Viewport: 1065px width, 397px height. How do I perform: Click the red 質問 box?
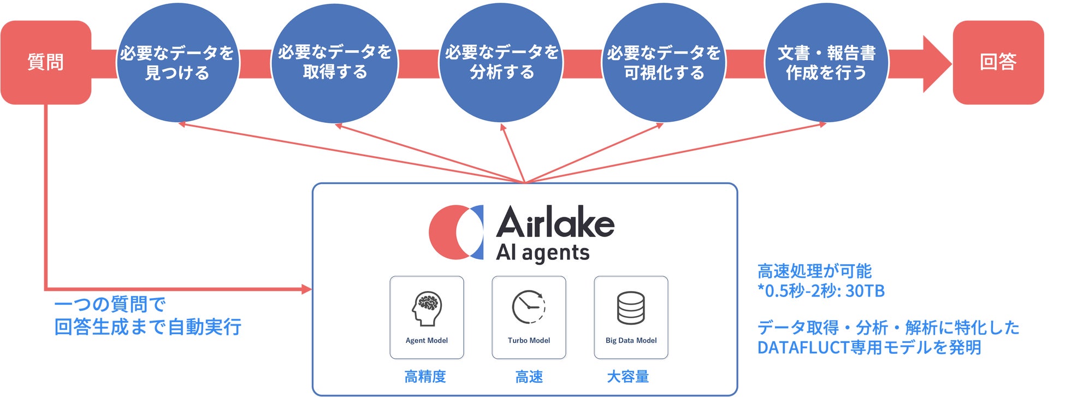pos(46,62)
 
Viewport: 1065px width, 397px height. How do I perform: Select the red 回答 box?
pos(998,62)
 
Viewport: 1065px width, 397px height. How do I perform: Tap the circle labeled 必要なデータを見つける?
pos(177,63)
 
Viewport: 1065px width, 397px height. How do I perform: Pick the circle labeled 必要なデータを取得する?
pos(335,63)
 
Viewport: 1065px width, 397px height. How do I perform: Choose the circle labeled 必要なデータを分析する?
pos(501,63)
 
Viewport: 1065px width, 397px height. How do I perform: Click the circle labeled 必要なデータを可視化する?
pos(664,63)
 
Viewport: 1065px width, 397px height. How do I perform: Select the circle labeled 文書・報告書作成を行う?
pos(826,63)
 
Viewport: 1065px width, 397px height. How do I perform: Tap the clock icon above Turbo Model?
pos(529,307)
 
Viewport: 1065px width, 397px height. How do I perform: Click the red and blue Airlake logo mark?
pos(456,232)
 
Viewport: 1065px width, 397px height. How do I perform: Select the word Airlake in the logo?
pos(555,223)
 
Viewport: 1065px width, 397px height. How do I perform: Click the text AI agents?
pos(543,253)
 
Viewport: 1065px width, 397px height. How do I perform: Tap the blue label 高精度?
pos(425,377)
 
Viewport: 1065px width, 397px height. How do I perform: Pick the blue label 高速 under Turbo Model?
pos(529,377)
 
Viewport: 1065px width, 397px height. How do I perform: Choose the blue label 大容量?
pos(628,377)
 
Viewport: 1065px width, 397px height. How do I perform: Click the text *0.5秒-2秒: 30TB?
pos(821,291)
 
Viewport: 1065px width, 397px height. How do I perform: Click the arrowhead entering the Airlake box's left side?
pos(306,289)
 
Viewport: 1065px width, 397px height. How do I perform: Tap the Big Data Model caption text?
pos(631,340)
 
